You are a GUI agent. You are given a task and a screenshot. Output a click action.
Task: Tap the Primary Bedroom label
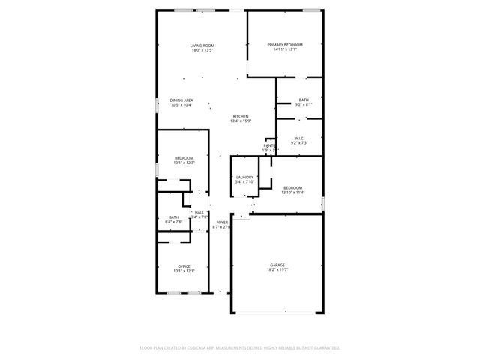(285, 45)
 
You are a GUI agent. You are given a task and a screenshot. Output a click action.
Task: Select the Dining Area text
(181, 100)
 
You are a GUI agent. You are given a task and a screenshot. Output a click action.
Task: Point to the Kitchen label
(241, 116)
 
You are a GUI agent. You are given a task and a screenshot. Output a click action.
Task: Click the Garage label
(278, 265)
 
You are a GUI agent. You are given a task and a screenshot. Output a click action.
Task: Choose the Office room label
(184, 266)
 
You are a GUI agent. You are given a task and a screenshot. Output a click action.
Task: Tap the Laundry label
(244, 177)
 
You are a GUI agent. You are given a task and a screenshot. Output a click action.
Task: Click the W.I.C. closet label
(298, 138)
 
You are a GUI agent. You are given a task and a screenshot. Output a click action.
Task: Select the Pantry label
(270, 145)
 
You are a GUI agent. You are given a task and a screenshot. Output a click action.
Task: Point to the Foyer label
(222, 223)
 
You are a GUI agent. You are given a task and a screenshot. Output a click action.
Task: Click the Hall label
(199, 213)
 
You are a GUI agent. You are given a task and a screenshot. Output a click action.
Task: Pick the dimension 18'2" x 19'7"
(278, 270)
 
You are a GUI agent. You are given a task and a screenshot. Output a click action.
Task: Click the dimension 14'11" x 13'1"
(285, 50)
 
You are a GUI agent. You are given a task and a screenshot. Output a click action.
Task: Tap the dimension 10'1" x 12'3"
(184, 163)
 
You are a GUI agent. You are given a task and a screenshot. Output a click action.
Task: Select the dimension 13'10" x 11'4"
(292, 193)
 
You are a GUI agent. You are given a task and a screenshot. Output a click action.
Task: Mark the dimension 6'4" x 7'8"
(175, 222)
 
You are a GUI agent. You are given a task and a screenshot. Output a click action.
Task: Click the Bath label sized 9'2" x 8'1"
(304, 100)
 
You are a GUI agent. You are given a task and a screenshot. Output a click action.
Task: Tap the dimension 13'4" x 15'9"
(241, 121)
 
